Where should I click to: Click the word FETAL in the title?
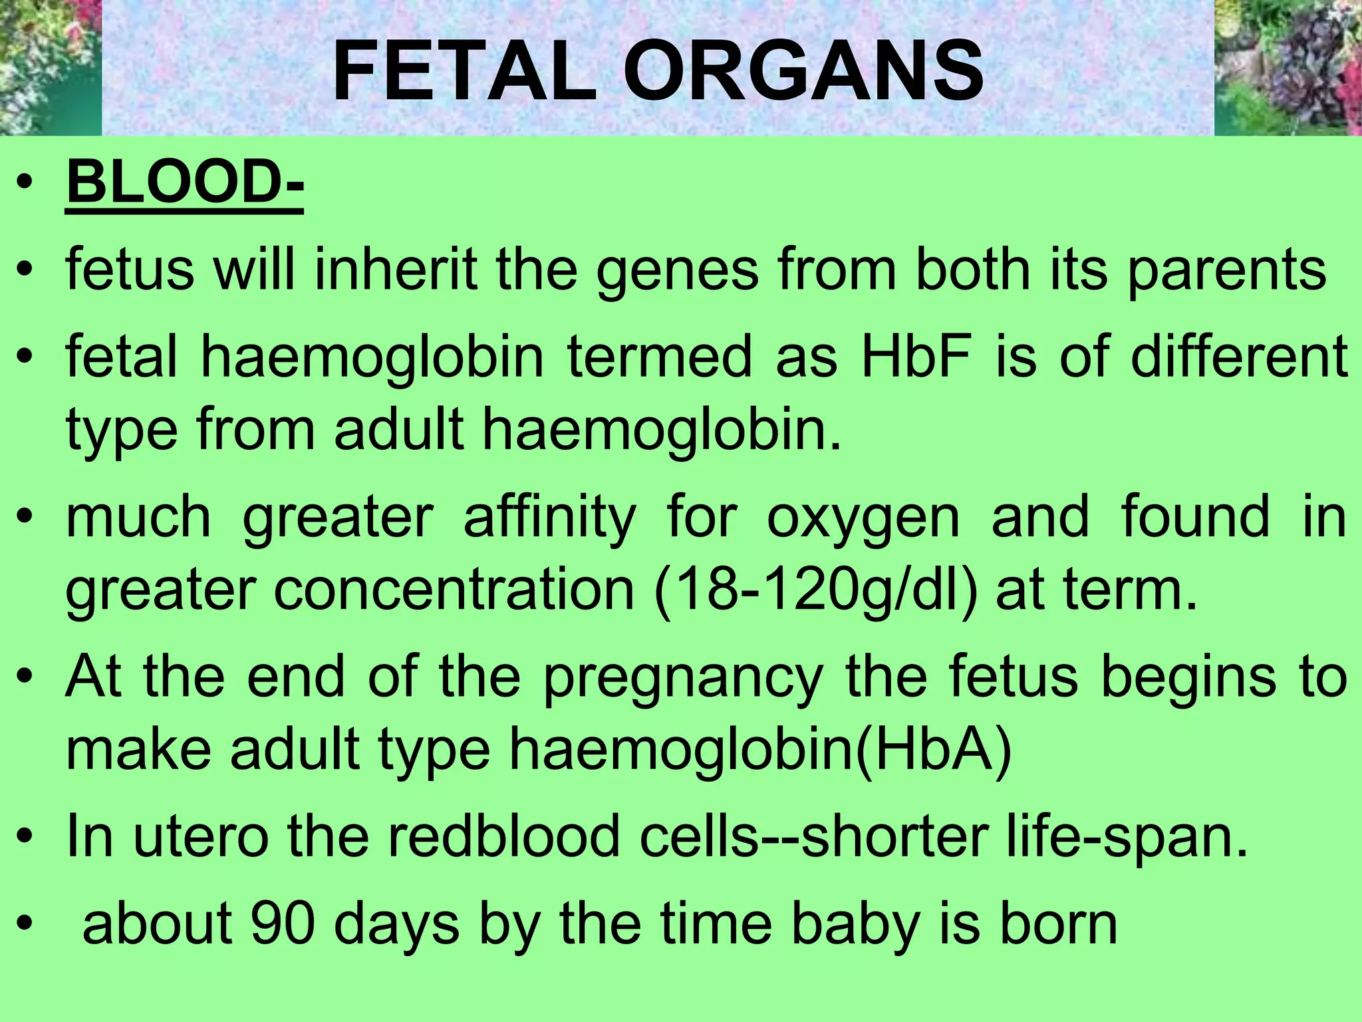point(464,72)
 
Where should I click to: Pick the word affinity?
point(549,518)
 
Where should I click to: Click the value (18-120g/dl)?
point(816,590)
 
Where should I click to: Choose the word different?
point(1239,357)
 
